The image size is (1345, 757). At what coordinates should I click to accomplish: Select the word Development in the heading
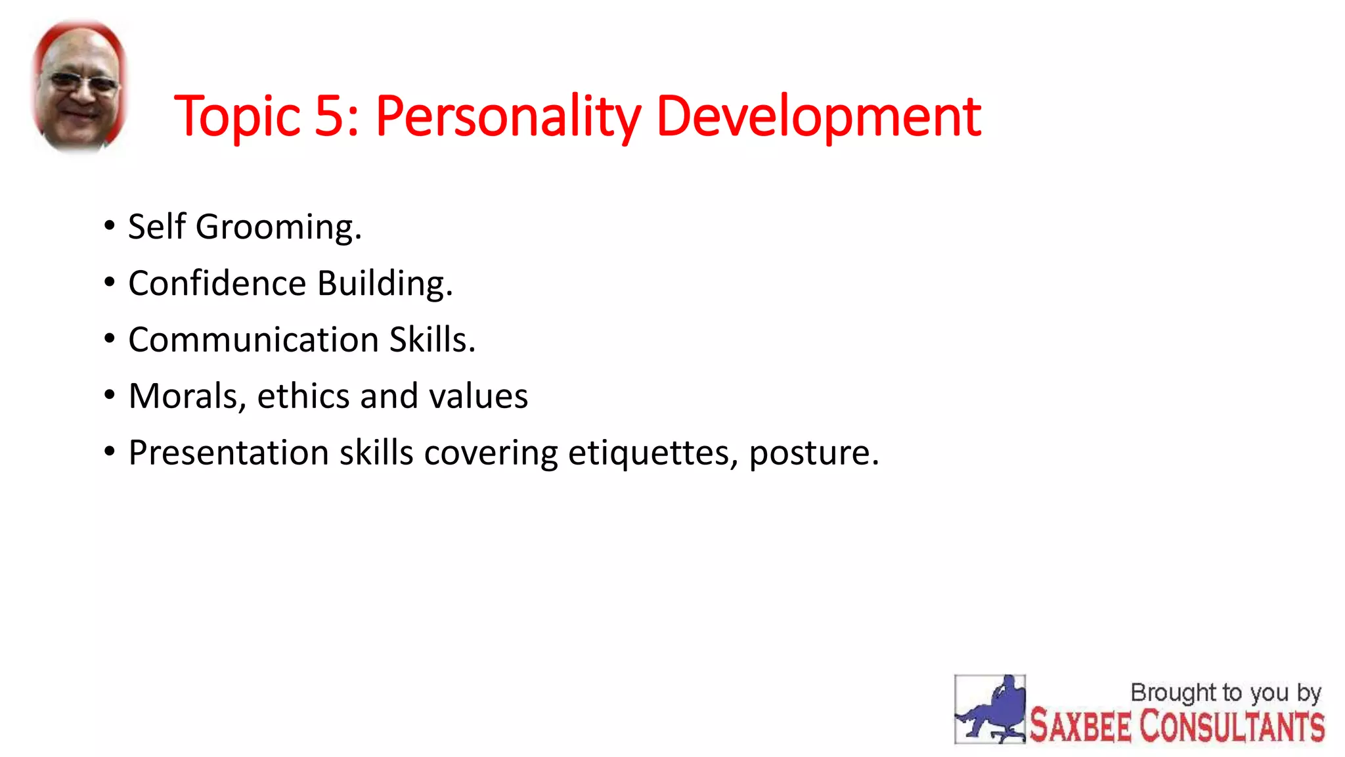(x=818, y=117)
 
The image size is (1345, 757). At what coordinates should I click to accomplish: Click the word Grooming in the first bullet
(x=278, y=227)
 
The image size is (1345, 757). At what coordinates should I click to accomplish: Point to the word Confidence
(x=217, y=283)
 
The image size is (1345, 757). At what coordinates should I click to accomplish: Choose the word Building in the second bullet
(x=385, y=284)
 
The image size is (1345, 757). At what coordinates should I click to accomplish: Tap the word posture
(x=813, y=453)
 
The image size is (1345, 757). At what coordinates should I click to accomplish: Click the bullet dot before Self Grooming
(x=110, y=226)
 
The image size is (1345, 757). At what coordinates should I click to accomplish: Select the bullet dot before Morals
(x=110, y=395)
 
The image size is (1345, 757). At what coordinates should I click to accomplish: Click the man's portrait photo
(x=80, y=85)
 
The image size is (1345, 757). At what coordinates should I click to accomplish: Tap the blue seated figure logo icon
(x=990, y=709)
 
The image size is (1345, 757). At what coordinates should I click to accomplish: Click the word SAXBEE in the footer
(x=1080, y=726)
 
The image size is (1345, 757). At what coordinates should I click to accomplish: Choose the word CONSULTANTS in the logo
(x=1231, y=726)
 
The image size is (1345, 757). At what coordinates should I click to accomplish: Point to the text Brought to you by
(x=1225, y=693)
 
